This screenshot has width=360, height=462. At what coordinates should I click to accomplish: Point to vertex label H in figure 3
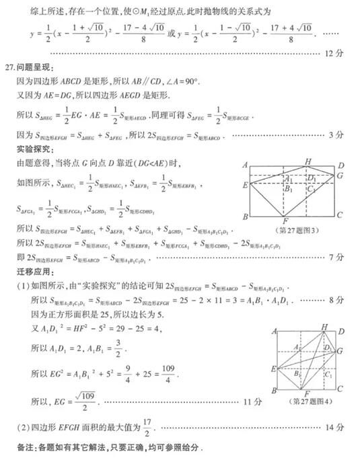tap(308, 161)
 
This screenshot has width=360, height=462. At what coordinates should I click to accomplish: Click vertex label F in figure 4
tap(306, 393)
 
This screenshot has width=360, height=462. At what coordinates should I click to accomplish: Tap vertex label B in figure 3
tap(246, 217)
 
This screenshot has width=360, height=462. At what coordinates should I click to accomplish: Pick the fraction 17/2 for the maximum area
tap(150, 427)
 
